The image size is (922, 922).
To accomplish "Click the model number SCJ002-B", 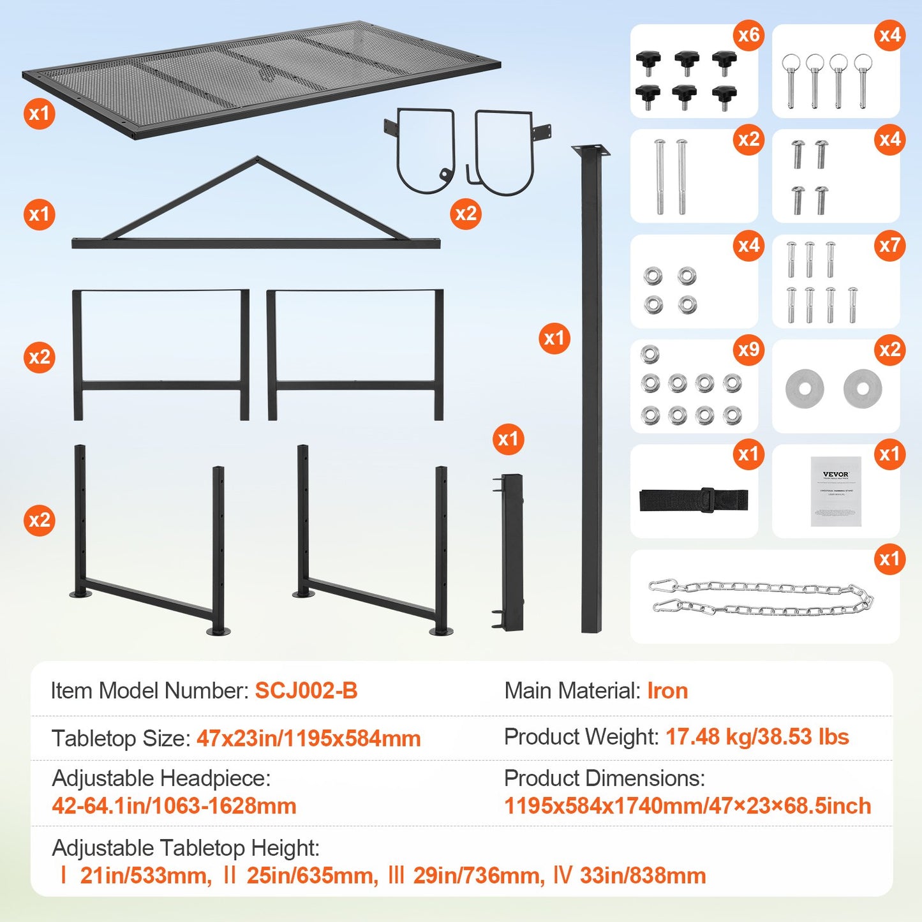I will (306, 691).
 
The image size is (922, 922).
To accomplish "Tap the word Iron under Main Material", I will (667, 691).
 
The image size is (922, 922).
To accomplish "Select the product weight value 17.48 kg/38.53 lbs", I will (757, 737).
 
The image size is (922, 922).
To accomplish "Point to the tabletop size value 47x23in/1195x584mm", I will (308, 738).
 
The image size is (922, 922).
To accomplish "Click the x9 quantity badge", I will (748, 350).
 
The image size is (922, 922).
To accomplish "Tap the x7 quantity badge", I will (889, 246).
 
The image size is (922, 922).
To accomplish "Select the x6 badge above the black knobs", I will (748, 35).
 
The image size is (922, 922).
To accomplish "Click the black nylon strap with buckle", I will (694, 500).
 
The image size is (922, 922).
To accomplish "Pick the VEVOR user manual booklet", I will (836, 491).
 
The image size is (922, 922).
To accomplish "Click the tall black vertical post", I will (591, 389).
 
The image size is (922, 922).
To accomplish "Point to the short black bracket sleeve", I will (511, 552).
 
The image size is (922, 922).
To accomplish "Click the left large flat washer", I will (805, 388).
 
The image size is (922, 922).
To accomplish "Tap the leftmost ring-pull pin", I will (791, 79).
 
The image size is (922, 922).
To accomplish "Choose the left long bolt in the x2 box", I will (660, 177).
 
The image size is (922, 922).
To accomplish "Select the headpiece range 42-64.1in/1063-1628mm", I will (174, 806).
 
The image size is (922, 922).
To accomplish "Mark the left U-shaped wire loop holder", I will (424, 150).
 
